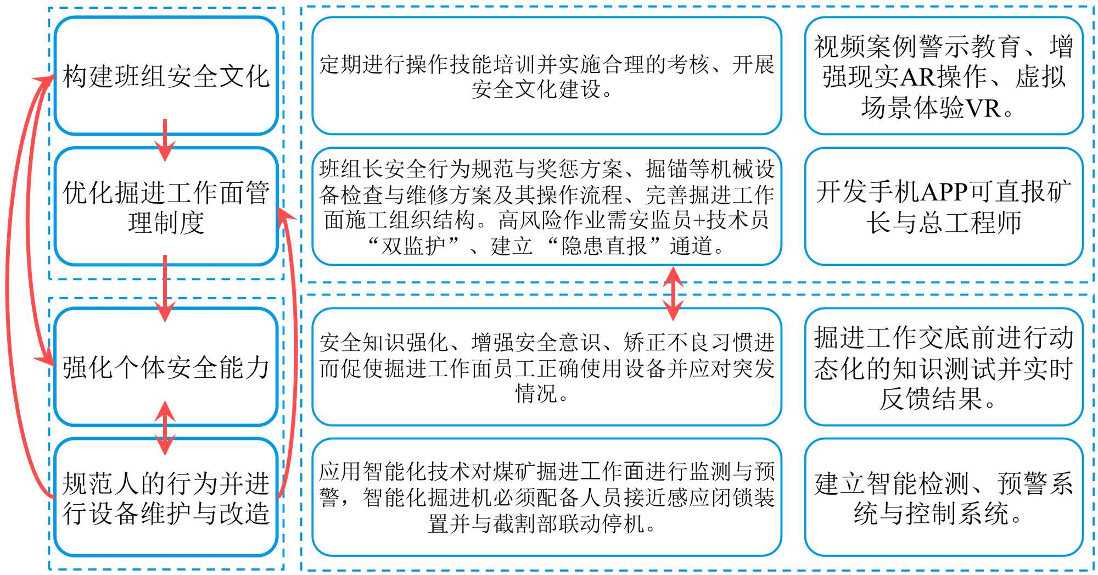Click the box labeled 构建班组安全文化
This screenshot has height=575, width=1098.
point(166,76)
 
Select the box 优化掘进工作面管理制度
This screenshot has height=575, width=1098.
point(166,206)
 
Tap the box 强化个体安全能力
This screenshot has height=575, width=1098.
point(166,367)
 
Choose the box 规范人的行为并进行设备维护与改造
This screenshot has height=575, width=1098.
point(166,498)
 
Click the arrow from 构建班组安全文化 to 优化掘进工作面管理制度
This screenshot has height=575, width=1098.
point(165,141)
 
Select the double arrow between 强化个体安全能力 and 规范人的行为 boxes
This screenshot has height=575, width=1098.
point(165,428)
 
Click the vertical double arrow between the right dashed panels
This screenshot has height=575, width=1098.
point(673,293)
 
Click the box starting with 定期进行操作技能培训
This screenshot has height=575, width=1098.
point(546,76)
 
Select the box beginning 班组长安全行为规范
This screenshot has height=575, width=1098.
point(546,206)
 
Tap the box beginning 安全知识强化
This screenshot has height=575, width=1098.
point(546,367)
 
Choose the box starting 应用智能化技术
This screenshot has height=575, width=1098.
point(546,498)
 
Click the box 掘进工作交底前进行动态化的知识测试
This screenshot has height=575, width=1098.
point(943,367)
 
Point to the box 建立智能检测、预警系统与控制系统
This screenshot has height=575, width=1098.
point(943,498)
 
